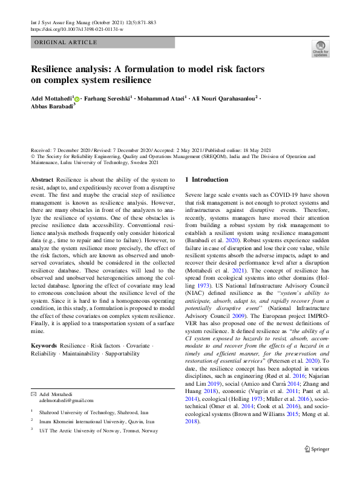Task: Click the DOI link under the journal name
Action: [76, 29]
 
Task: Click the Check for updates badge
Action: [320, 49]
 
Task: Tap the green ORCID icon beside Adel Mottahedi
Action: [77, 97]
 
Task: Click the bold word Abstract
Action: [42, 180]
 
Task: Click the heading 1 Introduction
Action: [206, 179]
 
